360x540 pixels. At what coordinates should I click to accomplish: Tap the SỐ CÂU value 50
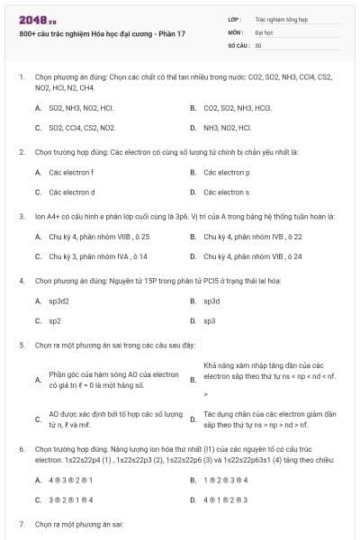coord(258,44)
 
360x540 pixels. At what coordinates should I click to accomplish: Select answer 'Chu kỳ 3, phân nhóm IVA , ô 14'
coord(98,256)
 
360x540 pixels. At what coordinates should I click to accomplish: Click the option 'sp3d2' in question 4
coord(61,301)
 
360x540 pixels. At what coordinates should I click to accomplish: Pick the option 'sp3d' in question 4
coord(212,301)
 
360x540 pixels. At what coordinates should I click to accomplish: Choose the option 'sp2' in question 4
coord(55,320)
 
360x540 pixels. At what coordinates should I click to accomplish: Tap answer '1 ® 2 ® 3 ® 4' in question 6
coord(226,480)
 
